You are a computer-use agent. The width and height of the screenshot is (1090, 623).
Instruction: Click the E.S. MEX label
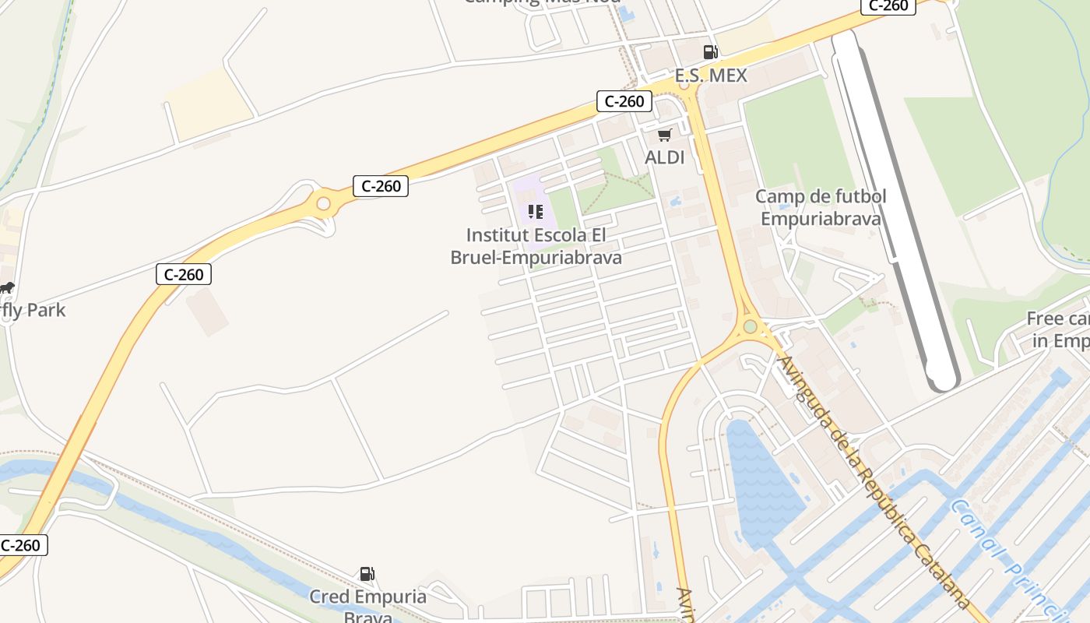pos(710,76)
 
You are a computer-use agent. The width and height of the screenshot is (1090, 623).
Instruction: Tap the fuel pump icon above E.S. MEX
pos(710,52)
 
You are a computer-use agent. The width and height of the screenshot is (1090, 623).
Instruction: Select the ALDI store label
pos(664,157)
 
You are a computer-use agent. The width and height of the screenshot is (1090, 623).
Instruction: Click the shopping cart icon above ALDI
pos(664,136)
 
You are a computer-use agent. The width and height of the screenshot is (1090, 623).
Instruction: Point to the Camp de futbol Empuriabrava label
pos(821,207)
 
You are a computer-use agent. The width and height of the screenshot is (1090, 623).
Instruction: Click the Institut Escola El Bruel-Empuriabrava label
pos(536,246)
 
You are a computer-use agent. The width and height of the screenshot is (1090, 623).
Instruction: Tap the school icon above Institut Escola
pos(535,212)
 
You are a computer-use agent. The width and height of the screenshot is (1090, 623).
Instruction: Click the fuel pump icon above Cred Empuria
pos(366,574)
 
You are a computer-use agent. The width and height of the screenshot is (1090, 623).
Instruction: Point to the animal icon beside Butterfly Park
pos(7,288)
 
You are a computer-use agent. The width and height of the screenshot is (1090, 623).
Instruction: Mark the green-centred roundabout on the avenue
pos(750,326)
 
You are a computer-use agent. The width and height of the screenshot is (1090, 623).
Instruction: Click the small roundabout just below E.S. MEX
pos(684,86)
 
